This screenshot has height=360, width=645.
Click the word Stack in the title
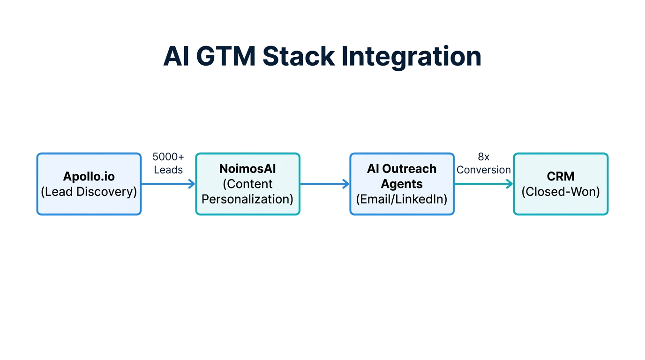click(x=299, y=57)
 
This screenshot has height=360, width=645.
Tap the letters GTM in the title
click(x=226, y=57)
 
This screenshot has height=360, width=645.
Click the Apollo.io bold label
click(x=89, y=177)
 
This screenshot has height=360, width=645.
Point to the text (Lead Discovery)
click(x=89, y=192)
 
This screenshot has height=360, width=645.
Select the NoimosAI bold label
click(x=247, y=169)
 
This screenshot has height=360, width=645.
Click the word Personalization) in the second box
click(x=247, y=199)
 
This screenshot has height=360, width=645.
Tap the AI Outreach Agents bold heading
click(x=402, y=176)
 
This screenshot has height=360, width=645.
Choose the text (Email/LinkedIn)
click(x=402, y=199)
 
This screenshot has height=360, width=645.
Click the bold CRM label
click(x=561, y=177)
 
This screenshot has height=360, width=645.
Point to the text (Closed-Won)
click(x=561, y=192)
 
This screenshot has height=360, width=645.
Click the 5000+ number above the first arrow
click(x=168, y=157)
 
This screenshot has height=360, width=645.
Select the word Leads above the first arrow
click(x=168, y=170)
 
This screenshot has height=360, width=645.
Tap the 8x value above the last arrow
click(x=484, y=157)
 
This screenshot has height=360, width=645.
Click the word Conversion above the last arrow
click(x=484, y=170)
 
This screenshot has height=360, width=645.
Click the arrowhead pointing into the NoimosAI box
click(x=192, y=184)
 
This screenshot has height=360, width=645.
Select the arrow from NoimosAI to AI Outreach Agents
click(x=324, y=184)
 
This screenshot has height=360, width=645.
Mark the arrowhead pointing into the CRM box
click(x=510, y=184)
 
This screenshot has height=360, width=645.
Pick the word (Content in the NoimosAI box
click(x=247, y=184)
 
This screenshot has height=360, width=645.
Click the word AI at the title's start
click(x=176, y=57)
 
